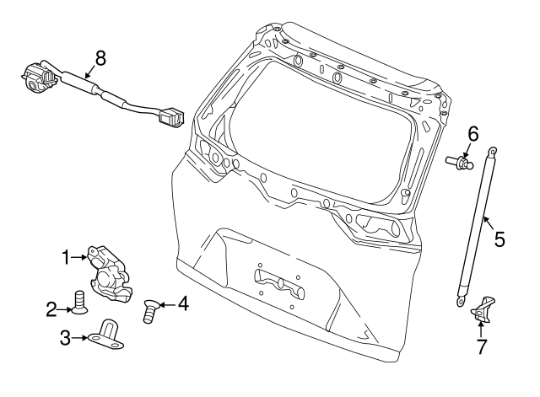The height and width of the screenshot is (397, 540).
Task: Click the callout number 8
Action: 100,58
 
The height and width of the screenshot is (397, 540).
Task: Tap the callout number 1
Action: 66,257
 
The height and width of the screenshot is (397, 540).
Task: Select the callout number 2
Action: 51,309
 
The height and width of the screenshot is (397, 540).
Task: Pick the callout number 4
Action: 183,303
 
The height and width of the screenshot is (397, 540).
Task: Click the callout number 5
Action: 499,239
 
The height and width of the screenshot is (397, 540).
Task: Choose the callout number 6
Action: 472,134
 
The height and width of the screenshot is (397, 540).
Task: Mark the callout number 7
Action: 482,346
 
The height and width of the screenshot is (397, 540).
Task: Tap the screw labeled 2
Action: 79,302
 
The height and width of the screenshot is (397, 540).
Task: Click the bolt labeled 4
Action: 149,311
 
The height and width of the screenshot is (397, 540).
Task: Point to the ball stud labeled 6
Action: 459,163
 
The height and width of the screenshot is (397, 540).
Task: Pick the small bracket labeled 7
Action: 483,309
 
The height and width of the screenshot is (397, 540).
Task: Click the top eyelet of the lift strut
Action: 493,151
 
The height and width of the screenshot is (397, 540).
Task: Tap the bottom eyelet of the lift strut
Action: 461,302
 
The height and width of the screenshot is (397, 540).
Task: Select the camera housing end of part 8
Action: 37,78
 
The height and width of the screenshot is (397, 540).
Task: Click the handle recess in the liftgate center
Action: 278,283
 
